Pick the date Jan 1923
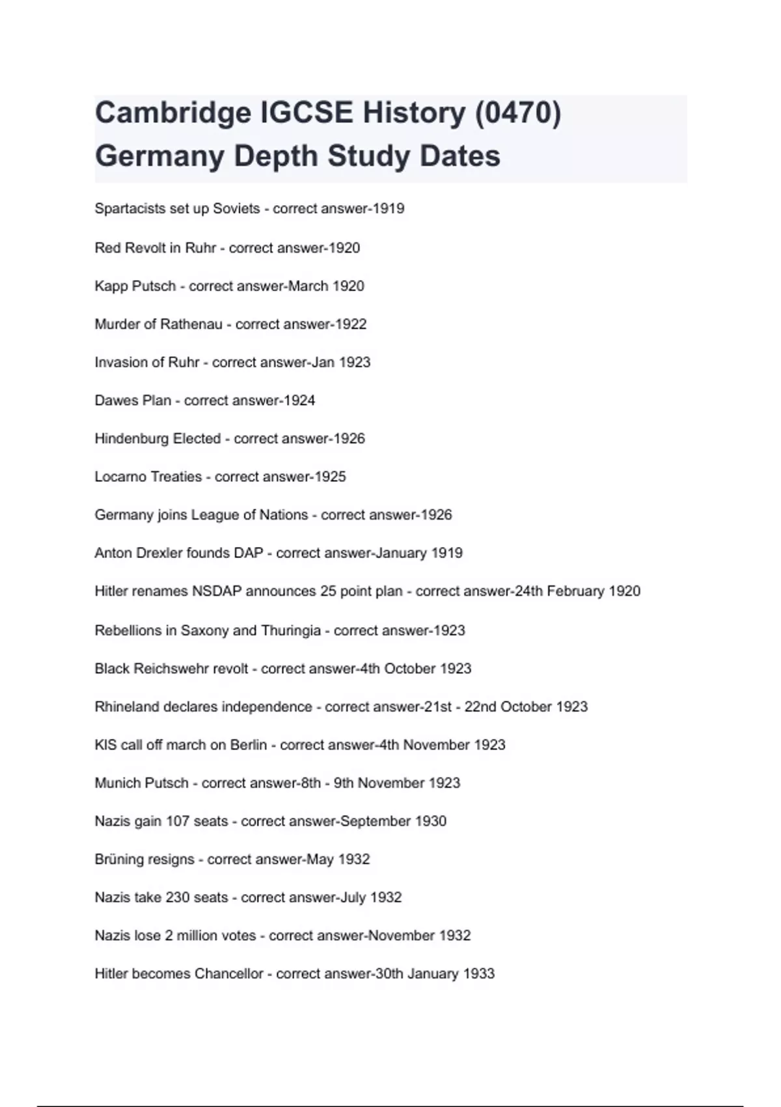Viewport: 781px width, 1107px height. click(340, 362)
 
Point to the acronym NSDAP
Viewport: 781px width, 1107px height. click(217, 591)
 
